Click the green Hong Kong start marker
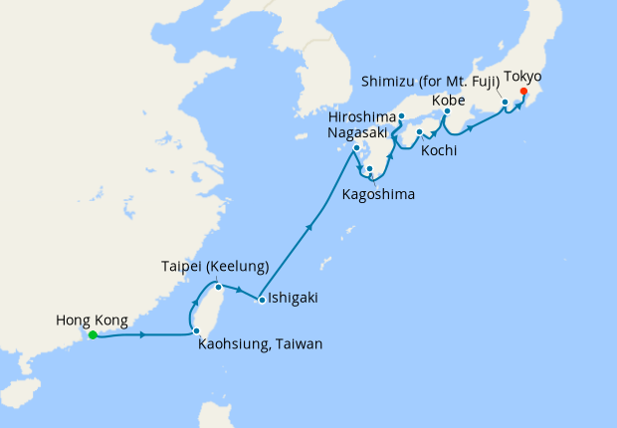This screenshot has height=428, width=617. pyautogui.click(x=93, y=335)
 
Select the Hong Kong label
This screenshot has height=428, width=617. pyautogui.click(x=92, y=320)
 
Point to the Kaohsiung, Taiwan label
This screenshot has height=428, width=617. pyautogui.click(x=261, y=344)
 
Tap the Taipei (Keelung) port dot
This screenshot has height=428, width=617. pyautogui.click(x=217, y=288)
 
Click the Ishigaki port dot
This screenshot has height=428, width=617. pyautogui.click(x=261, y=300)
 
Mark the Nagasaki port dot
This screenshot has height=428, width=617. pyautogui.click(x=356, y=148)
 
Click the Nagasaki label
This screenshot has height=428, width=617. pyautogui.click(x=359, y=133)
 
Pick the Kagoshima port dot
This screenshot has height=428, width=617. pyautogui.click(x=369, y=169)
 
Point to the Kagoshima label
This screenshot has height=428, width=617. pyautogui.click(x=378, y=192)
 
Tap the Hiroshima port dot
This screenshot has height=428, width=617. pyautogui.click(x=400, y=117)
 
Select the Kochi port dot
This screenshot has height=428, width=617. pyautogui.click(x=419, y=132)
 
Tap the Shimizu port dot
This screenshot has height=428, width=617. pyautogui.click(x=505, y=103)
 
